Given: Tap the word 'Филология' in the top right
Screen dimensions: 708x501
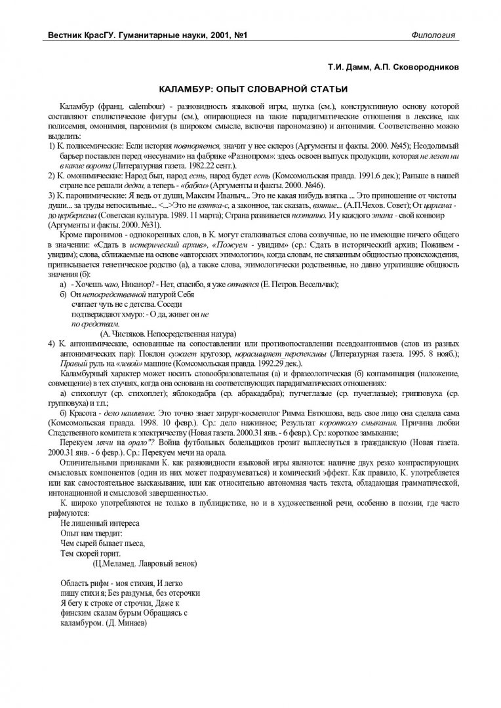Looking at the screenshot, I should tap(433, 34).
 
